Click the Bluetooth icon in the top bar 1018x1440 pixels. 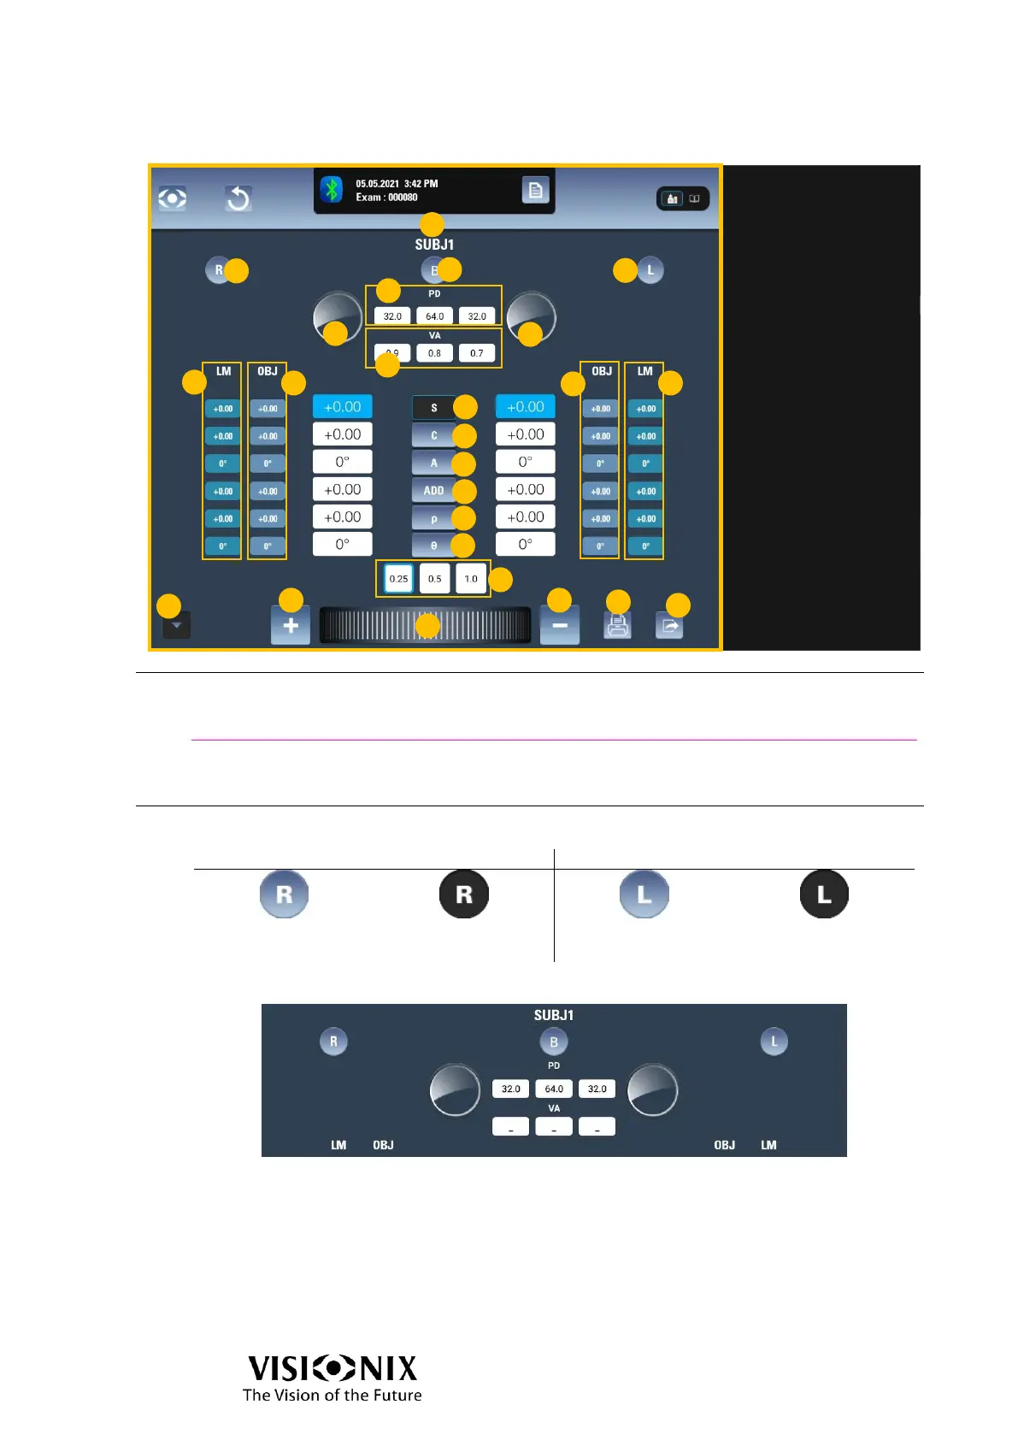pos(332,189)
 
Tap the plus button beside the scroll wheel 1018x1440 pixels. pos(291,625)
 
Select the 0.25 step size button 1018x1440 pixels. pos(398,579)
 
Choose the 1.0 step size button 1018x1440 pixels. pos(471,579)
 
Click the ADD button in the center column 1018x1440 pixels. pos(433,491)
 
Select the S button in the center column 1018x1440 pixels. pos(433,408)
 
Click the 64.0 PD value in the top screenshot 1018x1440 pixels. pos(434,316)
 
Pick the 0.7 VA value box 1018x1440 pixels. pos(477,353)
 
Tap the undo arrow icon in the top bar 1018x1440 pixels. pos(238,198)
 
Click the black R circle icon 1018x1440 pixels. pos(464,894)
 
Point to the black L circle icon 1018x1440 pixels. pos(824,894)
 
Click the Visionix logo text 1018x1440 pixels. pos(332,1369)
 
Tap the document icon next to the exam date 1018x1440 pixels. pos(535,190)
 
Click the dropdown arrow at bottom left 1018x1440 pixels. pos(176,626)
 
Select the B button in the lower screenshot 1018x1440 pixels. pos(554,1042)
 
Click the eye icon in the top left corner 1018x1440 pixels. pos(173,198)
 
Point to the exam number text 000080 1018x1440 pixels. pos(403,198)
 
